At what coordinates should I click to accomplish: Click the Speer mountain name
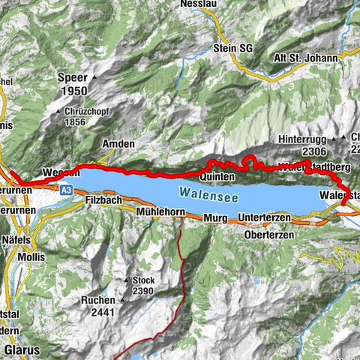coord(73,76)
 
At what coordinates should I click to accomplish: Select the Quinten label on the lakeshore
coord(217,176)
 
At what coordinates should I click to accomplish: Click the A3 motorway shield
coord(66,191)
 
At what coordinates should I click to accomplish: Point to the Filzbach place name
coord(102,201)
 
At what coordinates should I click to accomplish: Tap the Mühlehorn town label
coord(160,213)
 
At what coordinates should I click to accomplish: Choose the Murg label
coord(215,217)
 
